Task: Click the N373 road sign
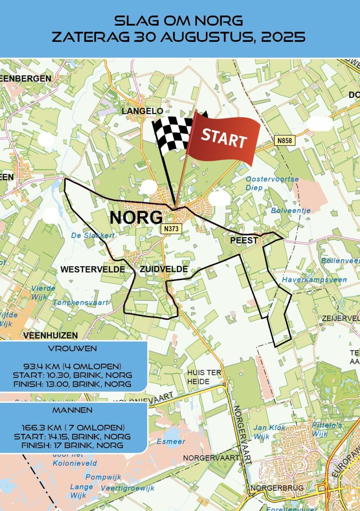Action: click(x=172, y=229)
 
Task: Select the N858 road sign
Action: click(x=285, y=140)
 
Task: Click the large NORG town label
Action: click(x=136, y=218)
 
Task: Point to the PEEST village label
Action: click(x=244, y=241)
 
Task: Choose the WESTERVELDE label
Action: click(x=93, y=270)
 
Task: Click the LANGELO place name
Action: click(x=142, y=111)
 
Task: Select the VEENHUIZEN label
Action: click(x=51, y=336)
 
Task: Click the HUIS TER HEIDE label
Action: click(x=204, y=377)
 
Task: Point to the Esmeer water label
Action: click(x=171, y=442)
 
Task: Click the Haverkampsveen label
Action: click(x=314, y=280)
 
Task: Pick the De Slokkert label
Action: click(x=88, y=235)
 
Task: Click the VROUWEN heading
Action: click(x=73, y=348)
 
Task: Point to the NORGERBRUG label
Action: click(x=277, y=488)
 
